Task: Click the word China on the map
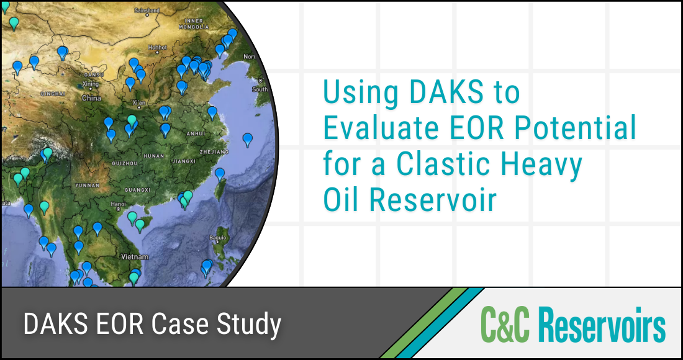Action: tap(91, 98)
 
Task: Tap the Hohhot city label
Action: tap(158, 47)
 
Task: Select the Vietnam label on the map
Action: tap(135, 256)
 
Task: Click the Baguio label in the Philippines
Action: tap(218, 238)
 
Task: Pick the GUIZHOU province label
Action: tap(125, 163)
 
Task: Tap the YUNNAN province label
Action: tap(86, 185)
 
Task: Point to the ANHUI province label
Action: tap(197, 133)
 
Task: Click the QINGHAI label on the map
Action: tap(53, 93)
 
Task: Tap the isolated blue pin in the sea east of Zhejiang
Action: tap(248, 139)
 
